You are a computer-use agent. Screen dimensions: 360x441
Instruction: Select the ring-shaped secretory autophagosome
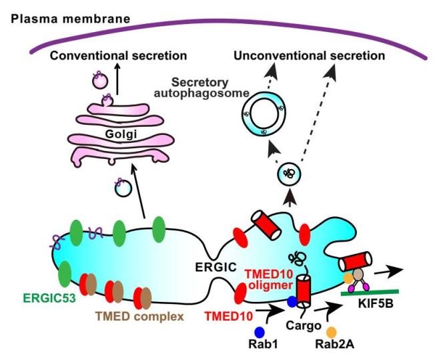(x=261, y=114)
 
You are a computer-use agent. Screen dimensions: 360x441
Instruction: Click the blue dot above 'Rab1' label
(x=260, y=331)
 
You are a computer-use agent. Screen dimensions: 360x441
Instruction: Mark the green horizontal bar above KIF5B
(x=374, y=291)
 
